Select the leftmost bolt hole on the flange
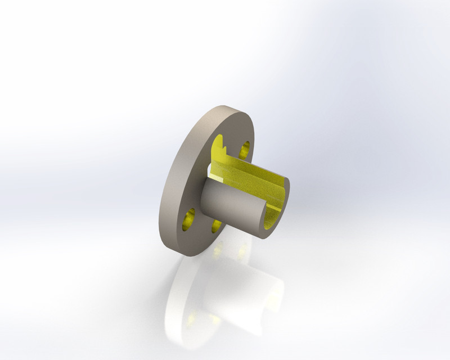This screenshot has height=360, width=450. click(x=188, y=218)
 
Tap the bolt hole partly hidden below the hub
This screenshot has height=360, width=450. click(x=216, y=224)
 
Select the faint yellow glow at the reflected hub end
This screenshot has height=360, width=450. click(x=270, y=315)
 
